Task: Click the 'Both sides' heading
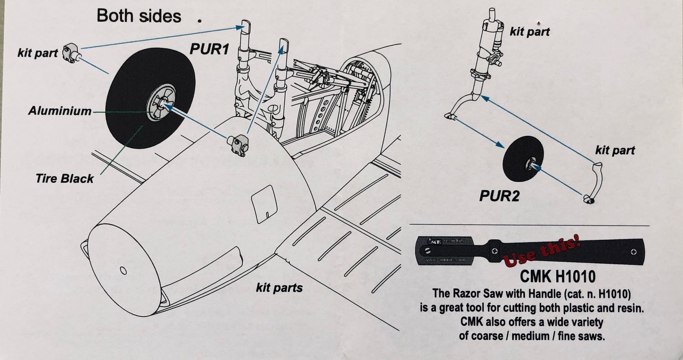point(139,16)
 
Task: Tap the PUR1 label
point(209,49)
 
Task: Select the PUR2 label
point(499,196)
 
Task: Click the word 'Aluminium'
point(60,111)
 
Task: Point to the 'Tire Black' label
point(64,178)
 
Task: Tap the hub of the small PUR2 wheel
point(532,164)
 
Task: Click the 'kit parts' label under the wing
point(279,287)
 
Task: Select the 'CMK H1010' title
point(558,276)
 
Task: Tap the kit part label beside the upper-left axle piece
point(37,53)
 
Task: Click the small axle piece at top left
point(72,53)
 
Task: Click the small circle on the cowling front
point(123,271)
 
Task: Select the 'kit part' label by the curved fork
point(615,151)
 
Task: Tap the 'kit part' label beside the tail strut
point(529,32)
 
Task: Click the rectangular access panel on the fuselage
point(264,202)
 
